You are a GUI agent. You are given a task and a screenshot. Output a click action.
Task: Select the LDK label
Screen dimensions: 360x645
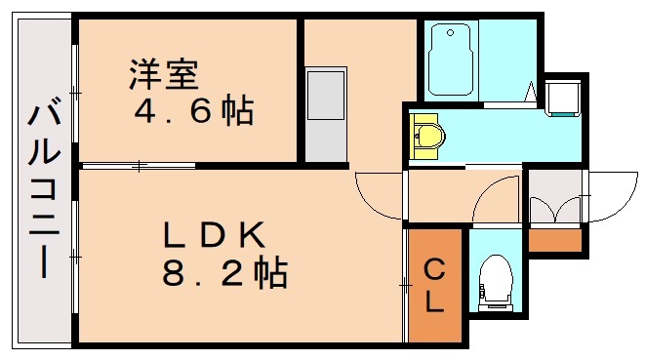tap(214, 235)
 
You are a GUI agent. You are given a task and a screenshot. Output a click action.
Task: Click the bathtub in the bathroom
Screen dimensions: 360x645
tap(451, 61)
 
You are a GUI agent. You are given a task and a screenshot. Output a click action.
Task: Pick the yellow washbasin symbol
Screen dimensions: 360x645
tap(427, 136)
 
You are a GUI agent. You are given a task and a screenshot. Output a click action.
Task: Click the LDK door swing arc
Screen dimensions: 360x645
tap(378, 195)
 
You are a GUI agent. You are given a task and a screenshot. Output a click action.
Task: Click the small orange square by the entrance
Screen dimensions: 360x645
tap(553, 239)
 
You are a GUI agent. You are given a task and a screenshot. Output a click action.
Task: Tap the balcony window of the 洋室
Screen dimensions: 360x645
tap(75, 93)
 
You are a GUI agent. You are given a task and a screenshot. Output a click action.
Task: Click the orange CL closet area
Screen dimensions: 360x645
tap(436, 312)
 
